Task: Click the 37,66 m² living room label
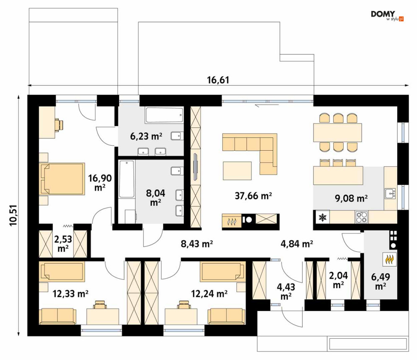coord(253,196)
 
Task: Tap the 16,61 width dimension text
coord(218,80)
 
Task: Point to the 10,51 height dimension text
coord(13,215)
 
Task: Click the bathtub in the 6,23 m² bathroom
coord(164,115)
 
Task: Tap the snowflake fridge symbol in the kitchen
coord(323,217)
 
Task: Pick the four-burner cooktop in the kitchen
coord(362,217)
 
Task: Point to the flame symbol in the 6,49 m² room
coord(390,259)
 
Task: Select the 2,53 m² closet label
coord(63,244)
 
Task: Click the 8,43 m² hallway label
coord(197,243)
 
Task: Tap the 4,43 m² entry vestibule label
coord(286,291)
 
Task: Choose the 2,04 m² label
coord(338,280)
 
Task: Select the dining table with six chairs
coord(337,133)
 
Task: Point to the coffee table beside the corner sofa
coord(237,170)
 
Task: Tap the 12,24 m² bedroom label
coord(209,293)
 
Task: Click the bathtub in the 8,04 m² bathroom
coord(127,179)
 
